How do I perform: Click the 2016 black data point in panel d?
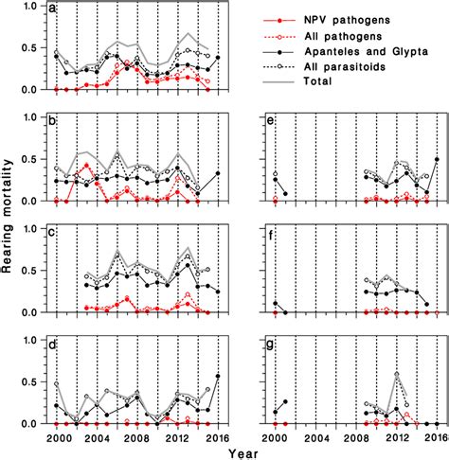click(x=219, y=376)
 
